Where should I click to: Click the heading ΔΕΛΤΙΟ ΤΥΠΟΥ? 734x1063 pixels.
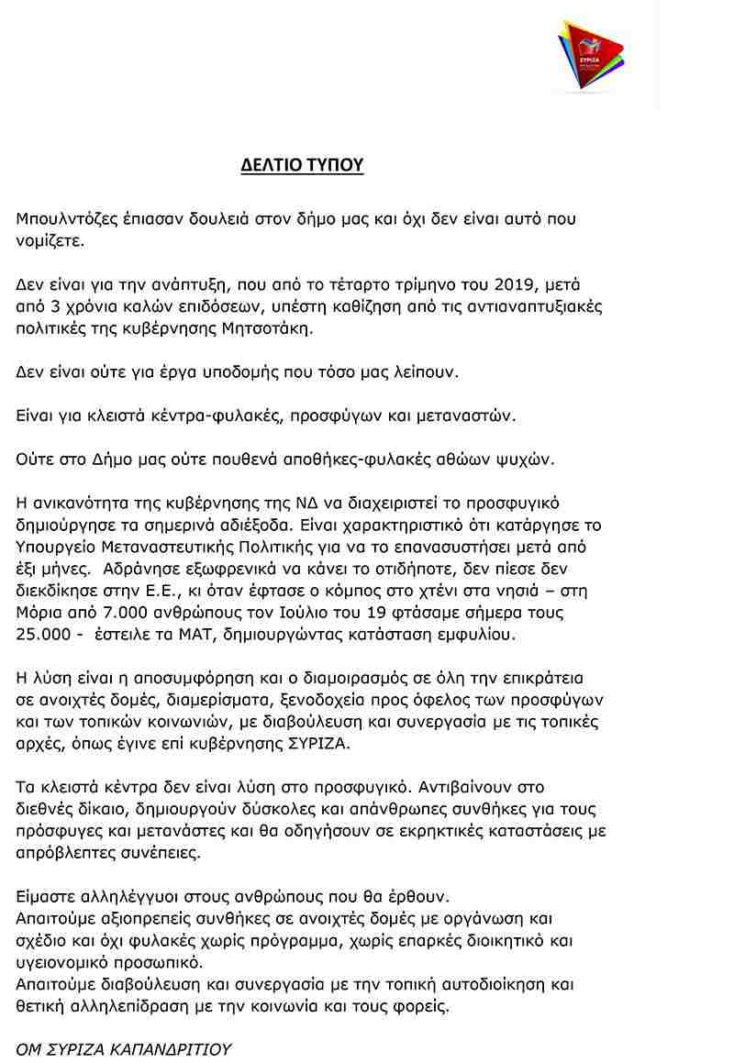tap(302, 165)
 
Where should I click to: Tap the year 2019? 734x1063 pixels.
tap(517, 283)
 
